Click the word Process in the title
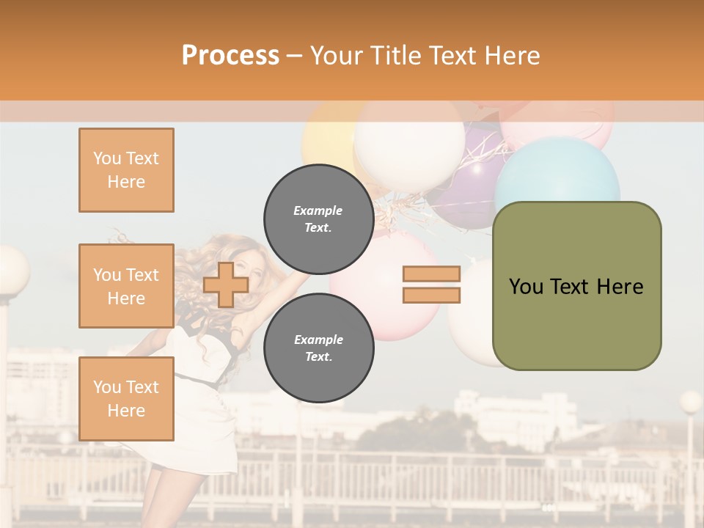coord(230,56)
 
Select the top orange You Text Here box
coord(126,170)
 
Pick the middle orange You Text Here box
coord(126,286)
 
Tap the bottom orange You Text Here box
coord(126,398)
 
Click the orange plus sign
coord(226,285)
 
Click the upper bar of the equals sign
coord(431,274)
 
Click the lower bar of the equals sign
coord(431,295)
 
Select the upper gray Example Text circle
coord(318,219)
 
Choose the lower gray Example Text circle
coord(318,348)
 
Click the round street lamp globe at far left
coord(11,271)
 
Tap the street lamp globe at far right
coord(690,402)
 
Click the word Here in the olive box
coord(620,287)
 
